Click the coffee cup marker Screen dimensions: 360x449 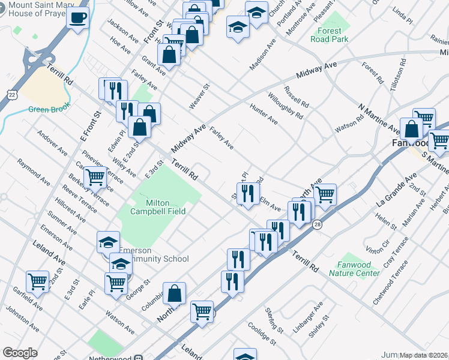(x=77, y=17)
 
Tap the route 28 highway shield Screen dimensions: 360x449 (x=316, y=224)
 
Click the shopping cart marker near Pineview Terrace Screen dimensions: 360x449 (x=95, y=177)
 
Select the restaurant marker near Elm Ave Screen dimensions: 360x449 (x=247, y=193)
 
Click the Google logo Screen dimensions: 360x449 (x=20, y=353)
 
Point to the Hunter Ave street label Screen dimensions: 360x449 (x=264, y=113)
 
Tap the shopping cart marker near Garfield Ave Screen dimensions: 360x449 (x=37, y=281)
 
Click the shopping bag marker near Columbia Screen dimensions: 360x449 (x=174, y=293)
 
